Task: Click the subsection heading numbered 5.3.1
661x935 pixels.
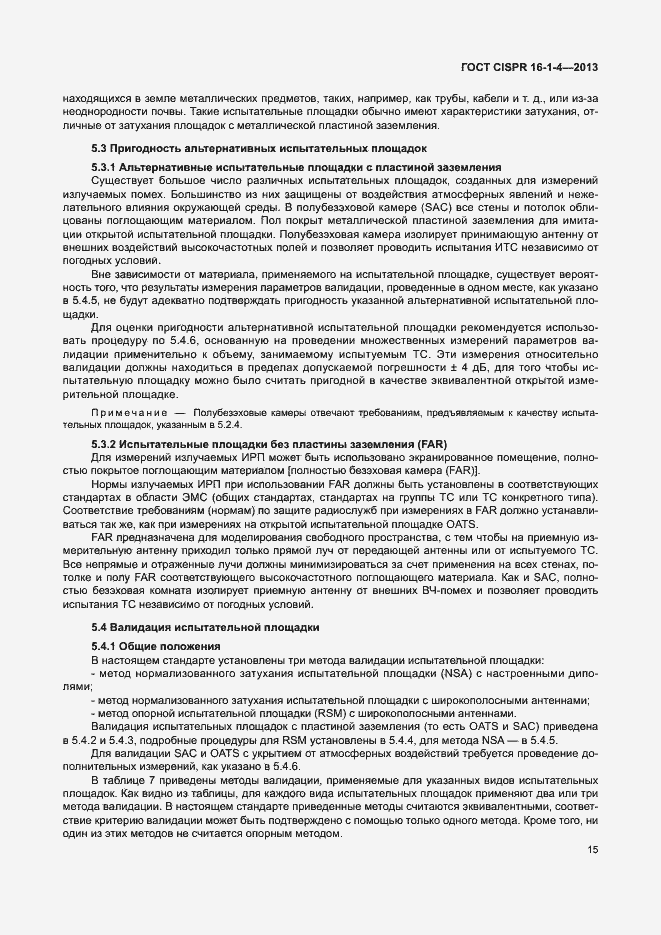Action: click(296, 166)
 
